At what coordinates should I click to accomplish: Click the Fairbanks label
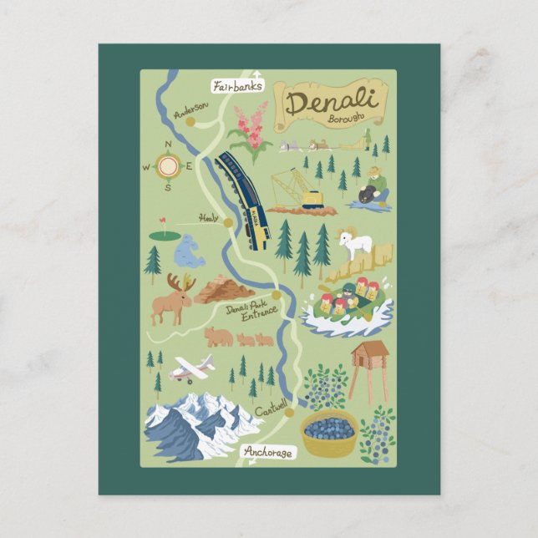click(x=238, y=85)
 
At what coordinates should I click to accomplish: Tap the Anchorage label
click(x=269, y=452)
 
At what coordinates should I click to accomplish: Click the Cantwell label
click(x=271, y=410)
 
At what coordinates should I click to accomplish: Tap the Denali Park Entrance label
click(x=251, y=312)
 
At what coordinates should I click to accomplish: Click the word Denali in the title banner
click(x=332, y=104)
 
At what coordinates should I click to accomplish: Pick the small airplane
click(x=192, y=369)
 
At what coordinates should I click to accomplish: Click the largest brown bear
click(x=218, y=337)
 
